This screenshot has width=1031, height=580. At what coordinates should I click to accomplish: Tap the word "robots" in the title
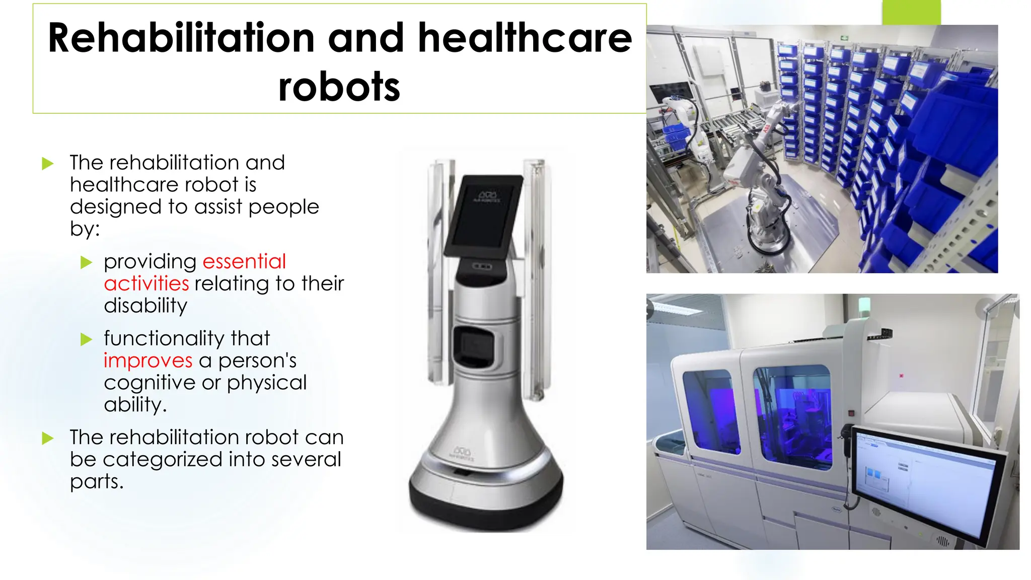click(339, 87)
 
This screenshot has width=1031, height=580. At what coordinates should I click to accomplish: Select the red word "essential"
click(244, 261)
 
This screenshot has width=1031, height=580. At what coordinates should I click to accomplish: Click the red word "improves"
click(148, 360)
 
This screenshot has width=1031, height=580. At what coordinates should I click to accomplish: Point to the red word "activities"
click(146, 283)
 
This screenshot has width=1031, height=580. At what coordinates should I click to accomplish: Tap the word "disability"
click(145, 306)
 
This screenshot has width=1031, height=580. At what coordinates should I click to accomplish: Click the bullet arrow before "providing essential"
click(87, 262)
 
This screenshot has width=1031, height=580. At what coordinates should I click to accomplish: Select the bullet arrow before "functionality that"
click(87, 339)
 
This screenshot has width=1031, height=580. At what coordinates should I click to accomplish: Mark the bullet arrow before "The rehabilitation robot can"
click(48, 438)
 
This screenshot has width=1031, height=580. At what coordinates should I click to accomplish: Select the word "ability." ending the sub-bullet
click(135, 405)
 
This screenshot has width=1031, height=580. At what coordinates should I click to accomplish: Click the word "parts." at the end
click(97, 481)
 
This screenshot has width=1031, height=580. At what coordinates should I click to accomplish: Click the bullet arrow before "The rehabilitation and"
click(48, 164)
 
